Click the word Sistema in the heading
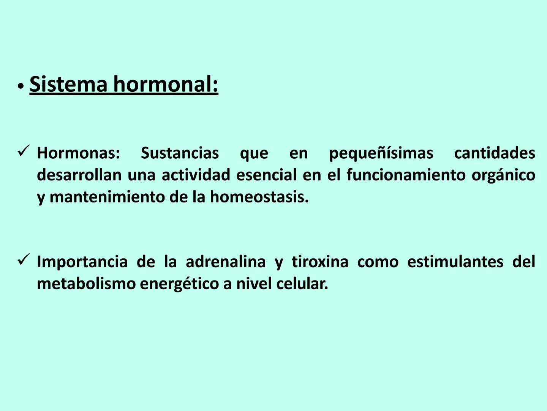tap(68, 84)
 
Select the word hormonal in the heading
tap(166, 84)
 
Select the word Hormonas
tap(78, 153)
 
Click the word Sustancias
tap(180, 153)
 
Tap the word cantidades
tap(495, 153)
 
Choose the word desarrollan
tap(79, 175)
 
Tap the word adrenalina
tap(226, 262)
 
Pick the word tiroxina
tap(320, 262)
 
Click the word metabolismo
tap(86, 284)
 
